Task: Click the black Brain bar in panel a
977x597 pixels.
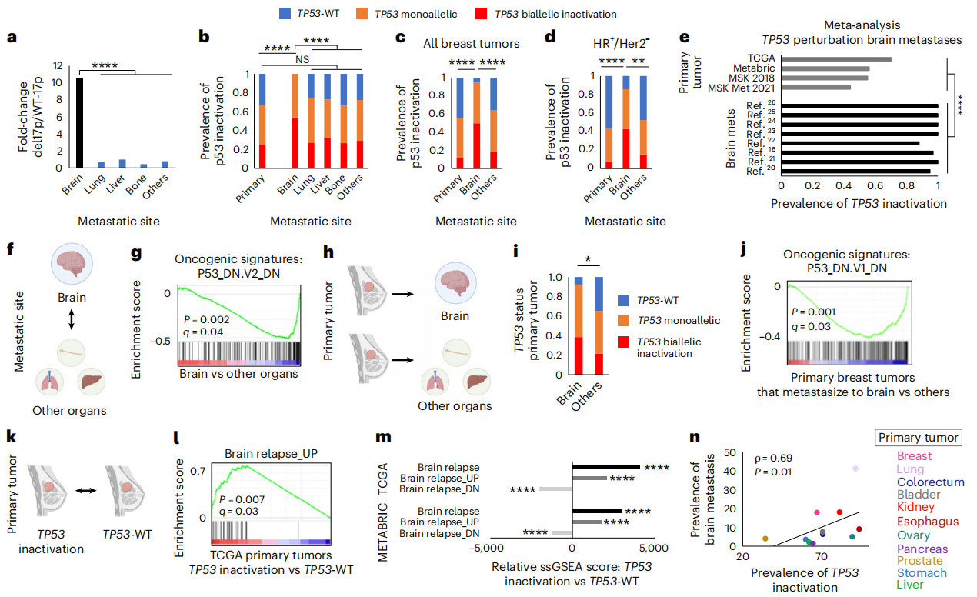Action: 79,123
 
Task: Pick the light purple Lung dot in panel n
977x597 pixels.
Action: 855,469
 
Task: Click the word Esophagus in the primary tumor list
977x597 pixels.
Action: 925,521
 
